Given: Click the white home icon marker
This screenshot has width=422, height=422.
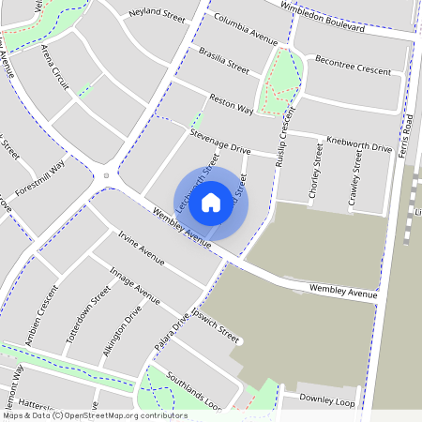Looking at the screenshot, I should tap(211, 202).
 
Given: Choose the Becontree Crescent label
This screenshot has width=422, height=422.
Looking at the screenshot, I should tap(353, 63).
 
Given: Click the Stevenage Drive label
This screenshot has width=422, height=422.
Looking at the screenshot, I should tap(219, 143).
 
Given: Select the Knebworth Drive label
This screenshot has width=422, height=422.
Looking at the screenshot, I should tap(358, 146).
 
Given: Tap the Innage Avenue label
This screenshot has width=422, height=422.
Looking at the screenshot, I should tap(135, 284).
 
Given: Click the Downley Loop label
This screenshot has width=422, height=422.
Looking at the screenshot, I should tap(328, 400).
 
